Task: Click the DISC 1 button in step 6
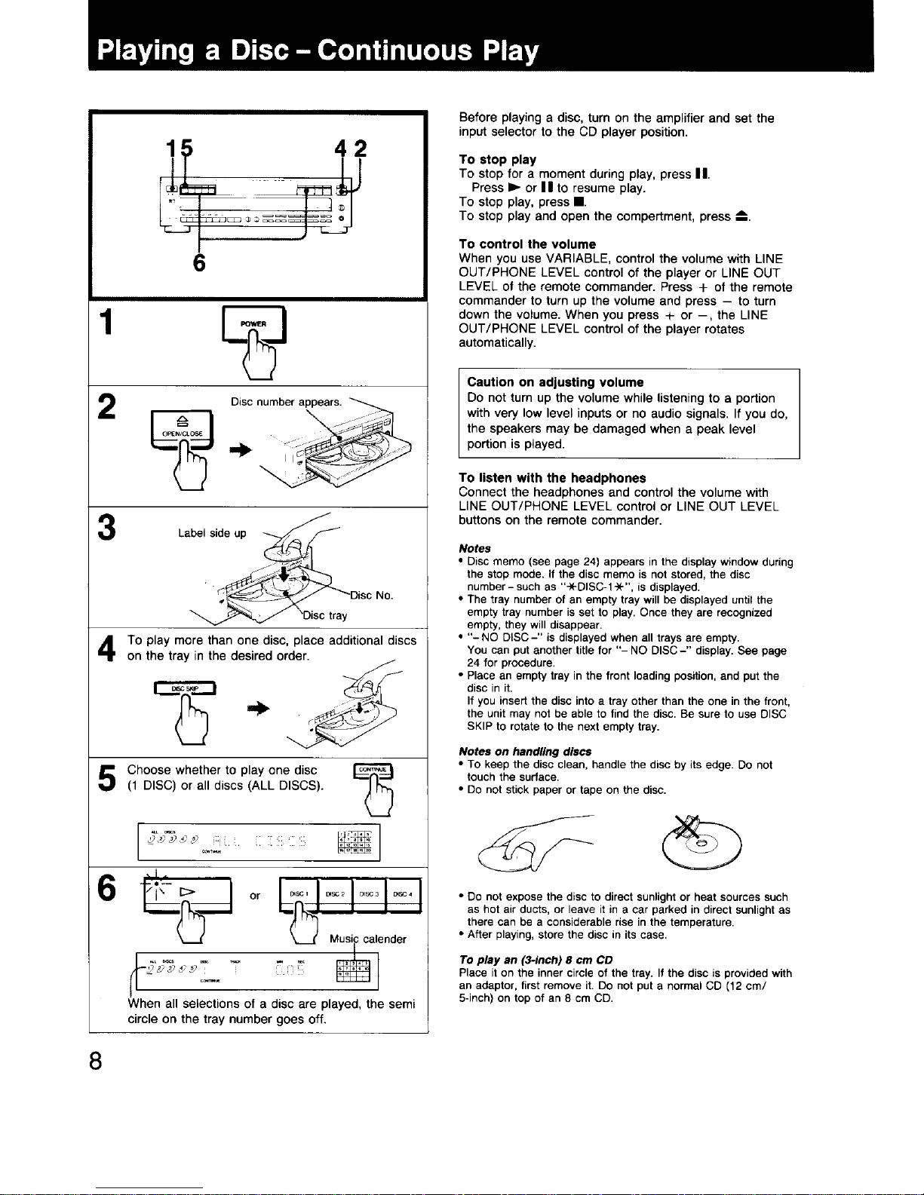[x=299, y=895]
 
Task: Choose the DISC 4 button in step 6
[x=402, y=895]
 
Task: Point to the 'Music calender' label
[x=367, y=939]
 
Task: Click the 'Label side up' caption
[x=212, y=533]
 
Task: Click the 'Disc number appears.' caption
[x=287, y=402]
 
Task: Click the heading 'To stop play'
[x=497, y=160]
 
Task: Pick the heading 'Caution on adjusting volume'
[x=555, y=382]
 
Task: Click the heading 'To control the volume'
[x=527, y=244]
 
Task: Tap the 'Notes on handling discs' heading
[x=525, y=752]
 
